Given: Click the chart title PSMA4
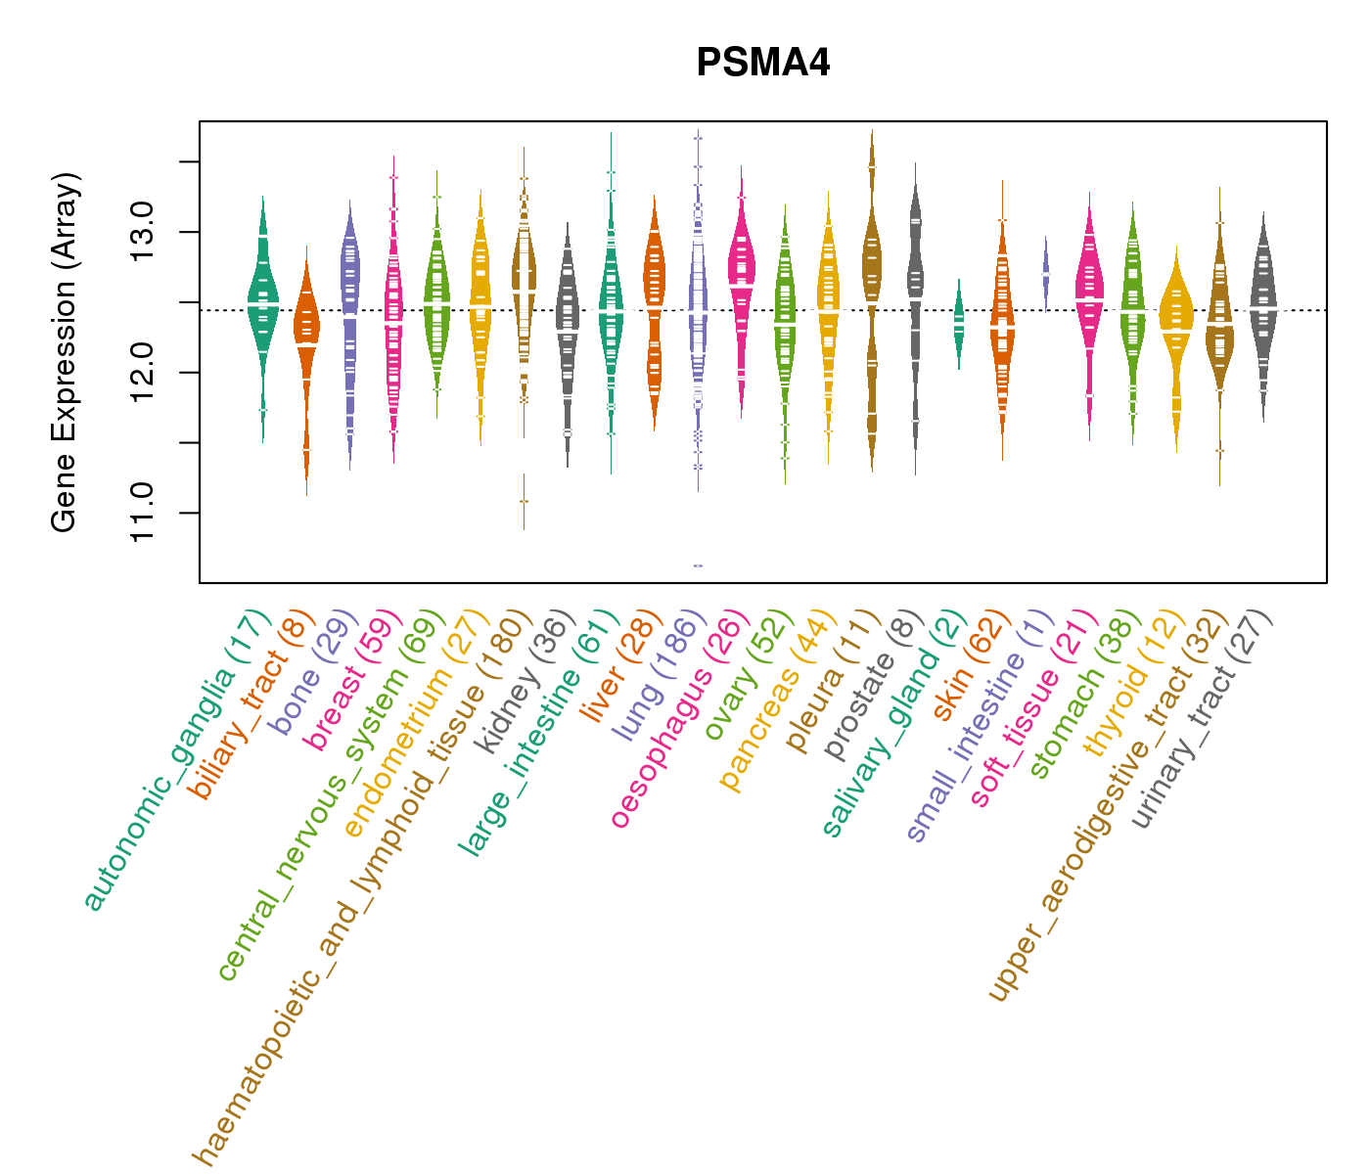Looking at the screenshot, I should tap(762, 64).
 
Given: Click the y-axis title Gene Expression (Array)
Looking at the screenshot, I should tap(65, 352).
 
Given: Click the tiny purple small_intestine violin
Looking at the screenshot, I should tap(1046, 269).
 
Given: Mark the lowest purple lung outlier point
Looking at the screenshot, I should tap(698, 565).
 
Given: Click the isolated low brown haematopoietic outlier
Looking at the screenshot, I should tap(524, 501).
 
